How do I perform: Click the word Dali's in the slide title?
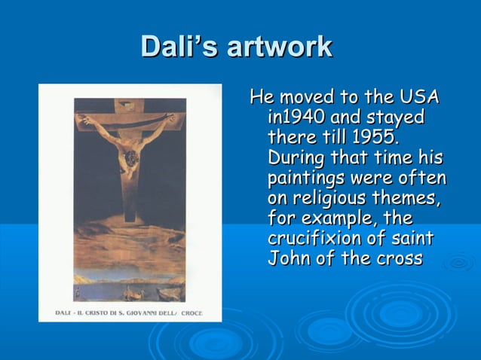point(171,47)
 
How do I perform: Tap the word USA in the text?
point(419,98)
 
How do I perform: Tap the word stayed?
point(396,118)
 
